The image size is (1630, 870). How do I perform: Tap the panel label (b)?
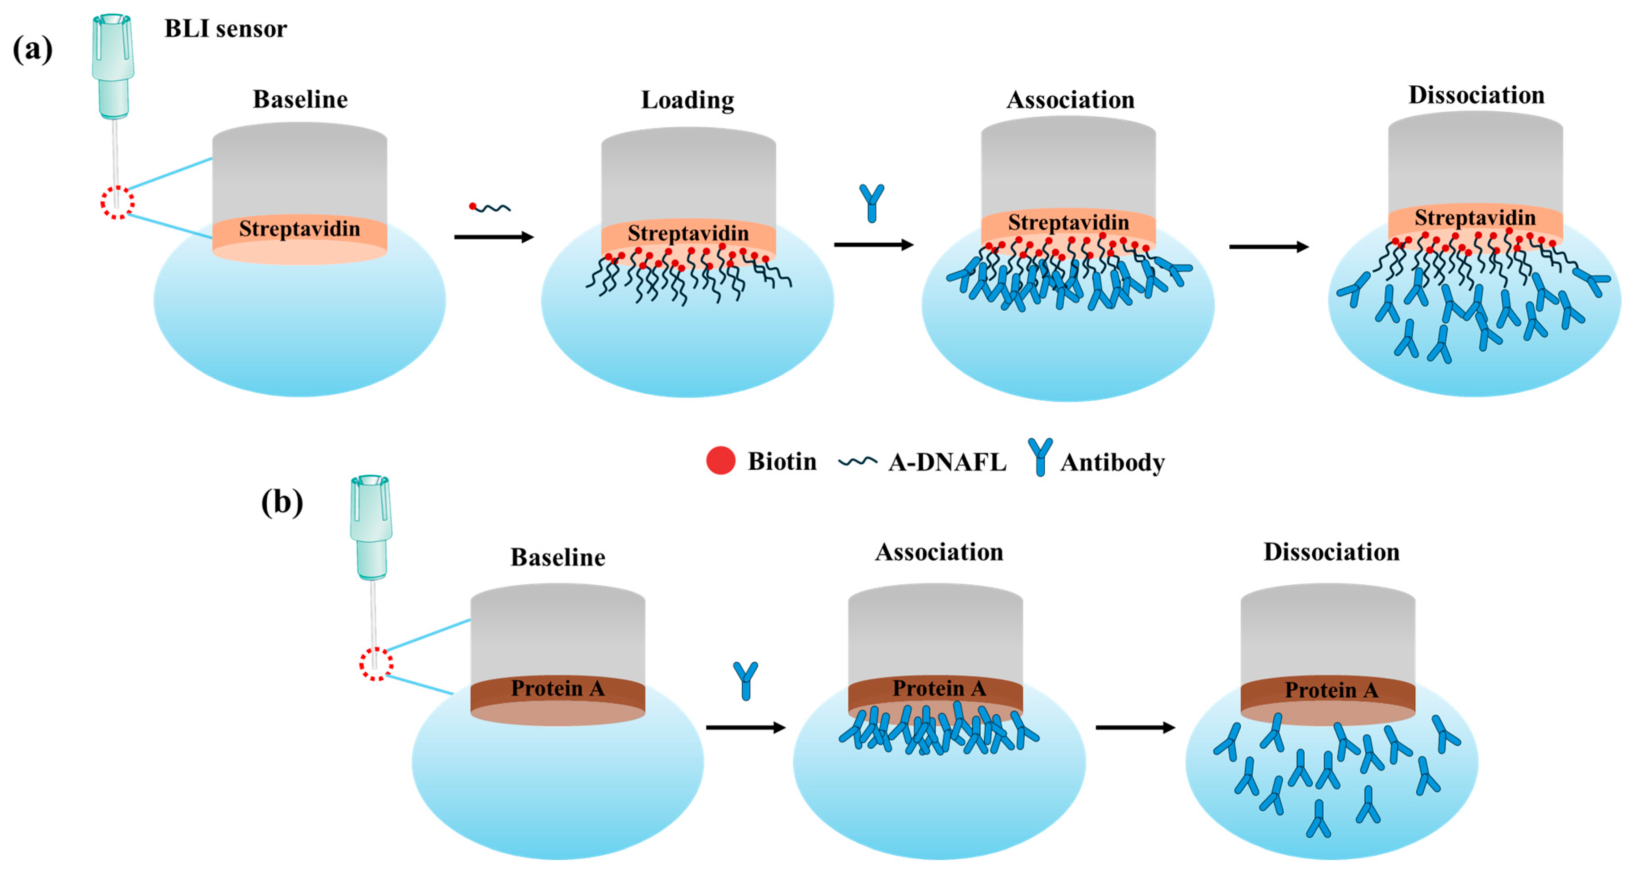(282, 503)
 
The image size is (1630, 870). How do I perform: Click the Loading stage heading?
(687, 100)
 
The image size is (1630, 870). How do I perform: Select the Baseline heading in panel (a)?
(300, 100)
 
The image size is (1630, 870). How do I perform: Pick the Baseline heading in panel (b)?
(557, 557)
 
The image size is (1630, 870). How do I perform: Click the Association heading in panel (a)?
(1070, 100)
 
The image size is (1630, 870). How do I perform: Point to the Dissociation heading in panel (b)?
(1331, 552)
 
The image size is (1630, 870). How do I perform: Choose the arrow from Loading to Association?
(873, 245)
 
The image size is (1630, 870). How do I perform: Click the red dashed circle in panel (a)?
(117, 203)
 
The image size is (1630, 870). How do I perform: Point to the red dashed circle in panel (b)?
(376, 664)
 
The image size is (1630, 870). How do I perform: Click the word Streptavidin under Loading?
(688, 233)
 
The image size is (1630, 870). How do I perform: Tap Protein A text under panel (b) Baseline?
(557, 688)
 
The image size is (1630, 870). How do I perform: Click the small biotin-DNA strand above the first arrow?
(490, 207)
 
